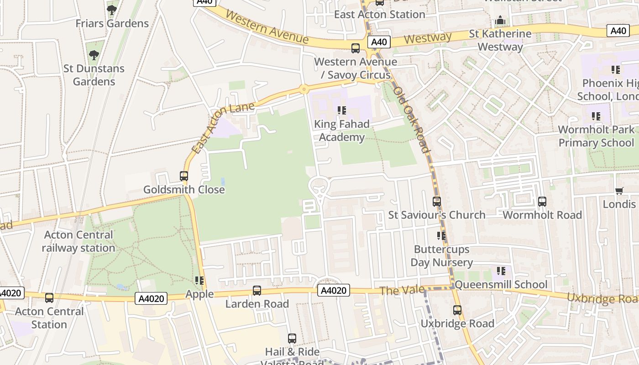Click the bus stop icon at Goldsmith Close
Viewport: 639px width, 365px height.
[184, 176]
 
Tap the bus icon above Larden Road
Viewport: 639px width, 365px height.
[257, 290]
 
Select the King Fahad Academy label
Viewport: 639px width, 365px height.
[341, 131]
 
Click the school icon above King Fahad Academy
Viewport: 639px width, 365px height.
[341, 110]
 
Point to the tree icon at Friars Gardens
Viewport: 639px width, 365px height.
[112, 10]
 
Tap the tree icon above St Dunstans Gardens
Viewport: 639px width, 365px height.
[94, 55]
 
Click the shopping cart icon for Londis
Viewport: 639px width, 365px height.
[619, 191]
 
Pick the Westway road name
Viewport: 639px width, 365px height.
[428, 38]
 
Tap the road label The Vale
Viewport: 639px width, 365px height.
[396, 291]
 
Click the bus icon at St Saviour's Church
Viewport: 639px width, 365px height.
[437, 201]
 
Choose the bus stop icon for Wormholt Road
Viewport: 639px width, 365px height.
[542, 201]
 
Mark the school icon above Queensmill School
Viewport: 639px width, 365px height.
[501, 271]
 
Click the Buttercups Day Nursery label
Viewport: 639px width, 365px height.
[441, 256]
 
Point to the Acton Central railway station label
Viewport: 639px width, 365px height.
[79, 241]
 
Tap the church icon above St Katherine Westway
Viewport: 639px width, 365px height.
[501, 21]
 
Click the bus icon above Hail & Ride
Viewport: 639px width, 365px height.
[292, 339]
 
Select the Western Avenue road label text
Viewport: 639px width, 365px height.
[267, 27]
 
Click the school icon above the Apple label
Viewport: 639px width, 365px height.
[199, 280]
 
